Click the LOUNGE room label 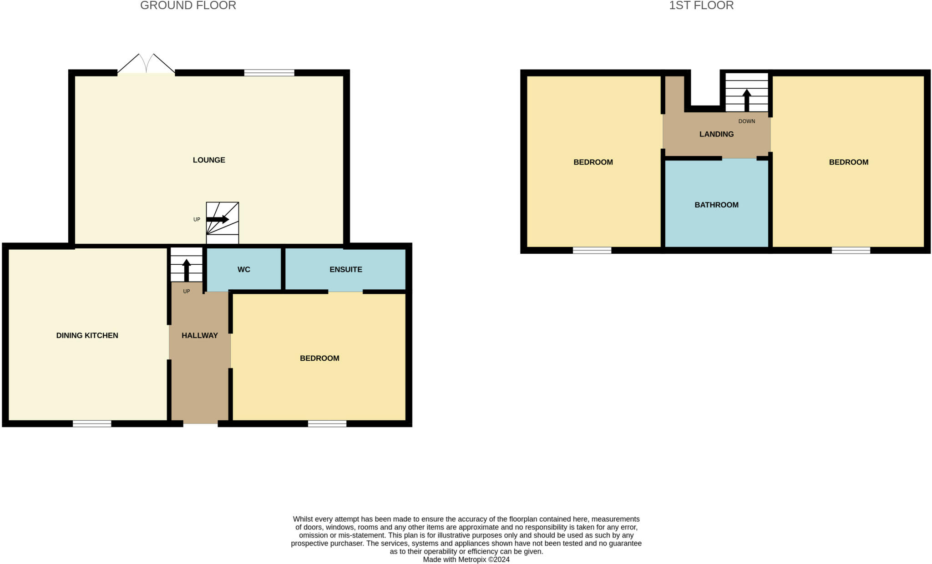(x=209, y=160)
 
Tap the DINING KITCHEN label (x=87, y=336)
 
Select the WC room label (x=243, y=270)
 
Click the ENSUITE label (x=346, y=270)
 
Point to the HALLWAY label (x=199, y=336)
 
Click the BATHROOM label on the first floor (x=716, y=205)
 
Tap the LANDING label (x=716, y=134)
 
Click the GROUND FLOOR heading (x=188, y=6)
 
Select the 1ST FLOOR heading (x=701, y=6)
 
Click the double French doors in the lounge (x=146, y=65)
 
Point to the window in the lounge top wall (x=269, y=73)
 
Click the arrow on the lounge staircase (x=218, y=219)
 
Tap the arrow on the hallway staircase (x=187, y=270)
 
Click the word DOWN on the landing (x=746, y=121)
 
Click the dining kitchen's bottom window (x=92, y=424)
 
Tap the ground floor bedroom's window (x=327, y=424)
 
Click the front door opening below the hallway (x=200, y=424)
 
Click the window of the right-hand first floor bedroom (x=851, y=250)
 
